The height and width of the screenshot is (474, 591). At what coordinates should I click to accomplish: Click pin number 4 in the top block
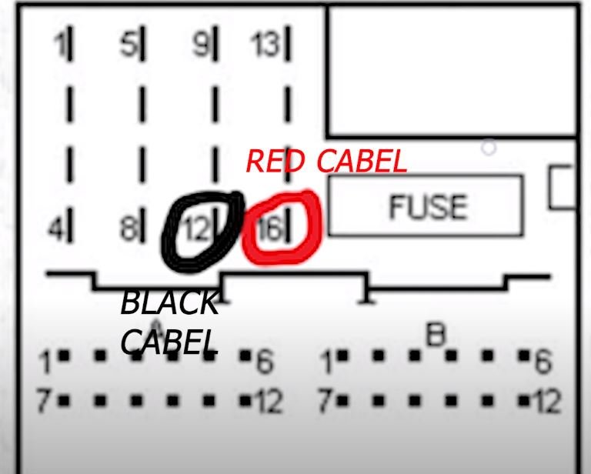(56, 229)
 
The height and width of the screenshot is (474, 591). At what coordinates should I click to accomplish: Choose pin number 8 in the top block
(128, 229)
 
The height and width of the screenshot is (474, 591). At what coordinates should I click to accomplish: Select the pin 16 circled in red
(270, 229)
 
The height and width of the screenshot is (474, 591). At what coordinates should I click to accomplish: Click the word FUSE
(427, 206)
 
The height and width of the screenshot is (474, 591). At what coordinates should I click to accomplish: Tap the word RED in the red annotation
(277, 162)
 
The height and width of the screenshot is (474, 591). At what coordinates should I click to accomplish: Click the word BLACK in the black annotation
(169, 303)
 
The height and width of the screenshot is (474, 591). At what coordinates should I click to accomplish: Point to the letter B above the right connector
(436, 335)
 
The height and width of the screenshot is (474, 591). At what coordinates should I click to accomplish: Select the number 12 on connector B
(548, 401)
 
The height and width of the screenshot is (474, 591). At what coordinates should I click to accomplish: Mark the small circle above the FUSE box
(489, 147)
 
